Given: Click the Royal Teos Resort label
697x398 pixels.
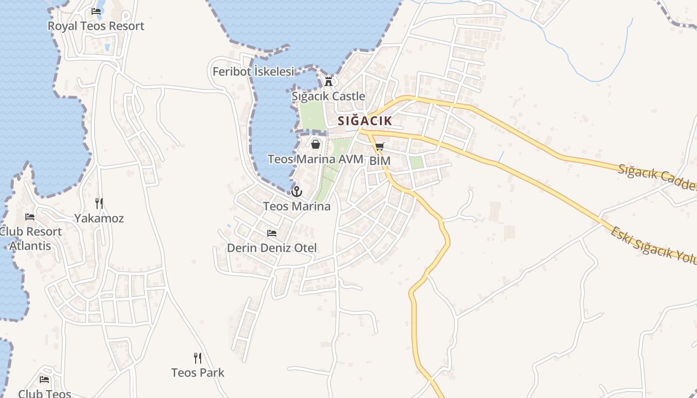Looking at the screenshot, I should click(x=96, y=26).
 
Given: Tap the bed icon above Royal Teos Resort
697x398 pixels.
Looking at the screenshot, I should click(x=96, y=11).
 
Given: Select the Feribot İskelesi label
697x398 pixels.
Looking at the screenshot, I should click(x=253, y=72).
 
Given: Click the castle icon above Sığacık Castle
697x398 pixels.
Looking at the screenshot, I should click(x=329, y=81).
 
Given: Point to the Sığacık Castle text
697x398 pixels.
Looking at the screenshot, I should click(x=329, y=96).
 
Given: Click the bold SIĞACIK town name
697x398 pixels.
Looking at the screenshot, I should click(x=365, y=120).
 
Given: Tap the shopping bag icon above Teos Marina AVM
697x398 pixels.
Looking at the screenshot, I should click(x=315, y=144).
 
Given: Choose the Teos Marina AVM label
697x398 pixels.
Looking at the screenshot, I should click(x=316, y=159).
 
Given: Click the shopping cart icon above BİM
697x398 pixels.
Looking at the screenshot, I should click(x=380, y=146).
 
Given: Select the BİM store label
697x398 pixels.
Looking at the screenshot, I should click(x=380, y=161).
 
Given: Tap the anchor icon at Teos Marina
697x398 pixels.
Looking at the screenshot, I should click(x=297, y=191).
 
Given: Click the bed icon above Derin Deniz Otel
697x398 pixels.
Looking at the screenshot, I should click(x=272, y=233).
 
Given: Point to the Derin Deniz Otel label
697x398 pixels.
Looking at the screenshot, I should click(x=272, y=247).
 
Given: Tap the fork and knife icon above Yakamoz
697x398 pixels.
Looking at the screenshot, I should click(x=99, y=203).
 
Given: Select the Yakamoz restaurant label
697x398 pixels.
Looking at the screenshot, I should click(x=99, y=218).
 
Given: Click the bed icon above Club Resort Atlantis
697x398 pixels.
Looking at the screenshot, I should click(x=30, y=217).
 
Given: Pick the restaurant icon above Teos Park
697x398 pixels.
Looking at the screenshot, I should click(x=198, y=358).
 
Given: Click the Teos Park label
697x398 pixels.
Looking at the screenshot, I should click(x=198, y=372).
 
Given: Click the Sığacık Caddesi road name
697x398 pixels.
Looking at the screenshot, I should click(x=657, y=177).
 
